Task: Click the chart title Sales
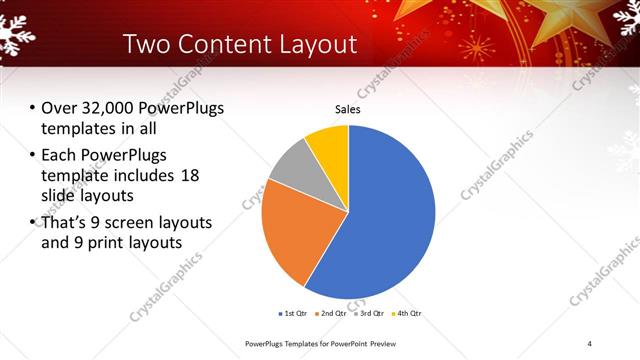347,110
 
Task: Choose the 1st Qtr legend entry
292,314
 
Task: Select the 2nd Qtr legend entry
330,314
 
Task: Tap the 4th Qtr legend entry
404,314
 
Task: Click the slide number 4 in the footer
590,344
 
